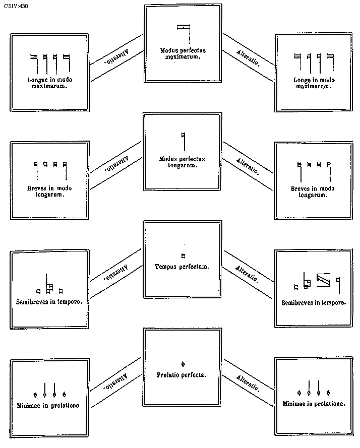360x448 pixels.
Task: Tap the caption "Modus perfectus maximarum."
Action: tap(183, 53)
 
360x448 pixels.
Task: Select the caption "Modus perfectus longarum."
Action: tap(182, 162)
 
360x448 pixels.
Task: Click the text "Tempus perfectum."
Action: tap(182, 266)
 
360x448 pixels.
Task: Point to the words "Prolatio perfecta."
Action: tap(182, 375)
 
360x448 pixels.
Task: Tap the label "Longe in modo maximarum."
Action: tap(314, 83)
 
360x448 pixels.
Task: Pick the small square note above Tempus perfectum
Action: tap(183, 255)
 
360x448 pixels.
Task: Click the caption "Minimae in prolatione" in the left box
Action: tap(49, 405)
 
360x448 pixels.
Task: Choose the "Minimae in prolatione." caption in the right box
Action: tap(314, 404)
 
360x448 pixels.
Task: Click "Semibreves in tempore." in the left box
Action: tap(49, 301)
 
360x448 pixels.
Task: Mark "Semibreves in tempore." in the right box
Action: tap(314, 303)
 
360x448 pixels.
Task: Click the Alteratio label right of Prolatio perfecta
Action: tap(249, 384)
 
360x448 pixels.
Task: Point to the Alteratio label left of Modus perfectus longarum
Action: tap(116, 164)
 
